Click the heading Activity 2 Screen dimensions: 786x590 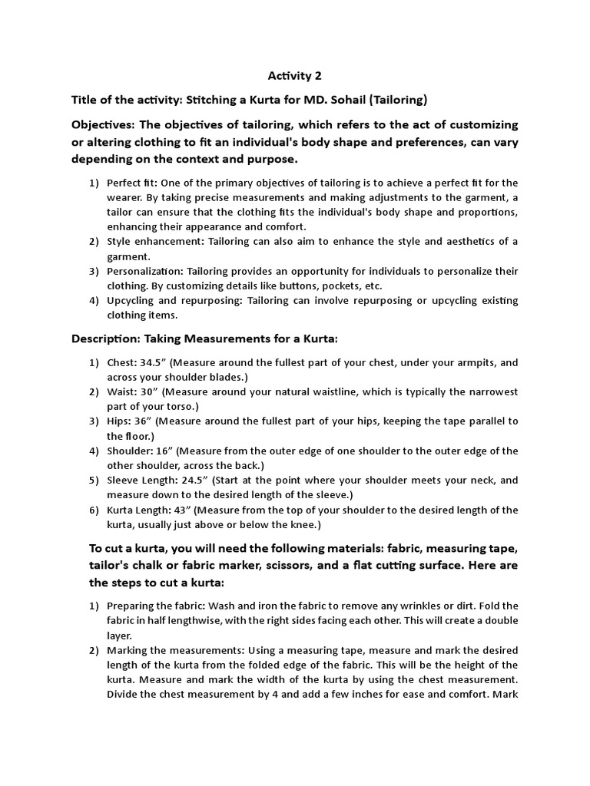tap(295, 75)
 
